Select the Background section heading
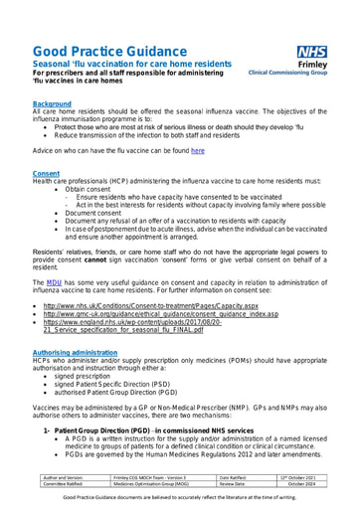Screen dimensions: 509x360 [x=52, y=103]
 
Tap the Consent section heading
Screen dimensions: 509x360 [x=47, y=173]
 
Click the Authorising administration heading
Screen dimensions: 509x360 [x=79, y=324]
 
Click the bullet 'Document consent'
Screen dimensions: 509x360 [x=99, y=212]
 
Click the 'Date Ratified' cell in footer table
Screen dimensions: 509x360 [x=238, y=478]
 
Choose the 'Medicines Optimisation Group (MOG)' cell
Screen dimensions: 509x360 [x=149, y=485]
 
